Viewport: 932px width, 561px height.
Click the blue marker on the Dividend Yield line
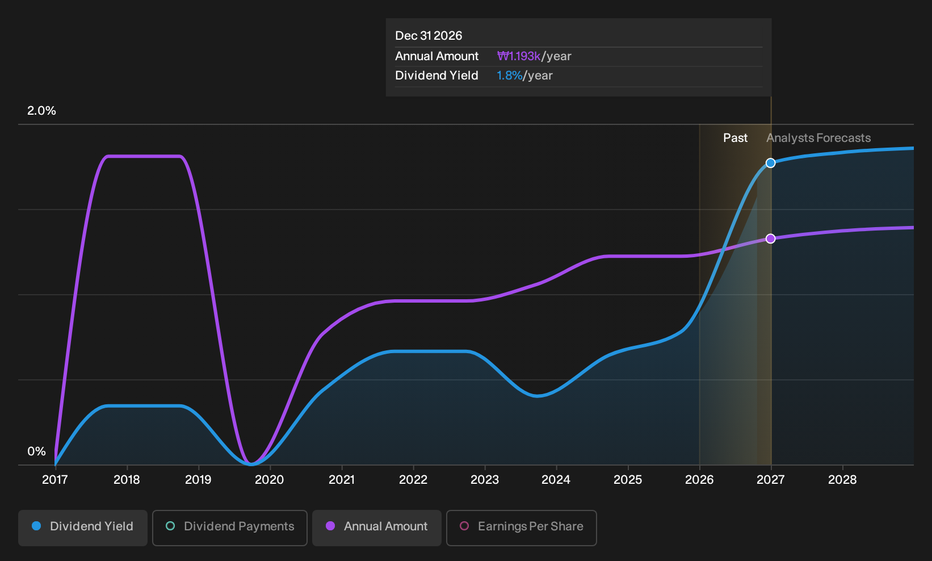[x=771, y=163]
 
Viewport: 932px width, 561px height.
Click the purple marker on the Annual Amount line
[x=771, y=238]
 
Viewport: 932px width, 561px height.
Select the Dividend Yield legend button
[x=83, y=527]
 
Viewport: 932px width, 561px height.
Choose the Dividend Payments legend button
[x=230, y=527]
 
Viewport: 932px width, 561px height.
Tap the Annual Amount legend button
[x=376, y=527]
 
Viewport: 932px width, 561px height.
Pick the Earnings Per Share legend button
[x=521, y=527]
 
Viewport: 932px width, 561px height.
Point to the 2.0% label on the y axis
[x=41, y=111]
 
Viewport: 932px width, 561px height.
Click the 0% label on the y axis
[x=37, y=451]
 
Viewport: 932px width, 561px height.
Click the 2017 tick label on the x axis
[x=55, y=480]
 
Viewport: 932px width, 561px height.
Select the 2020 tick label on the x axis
[x=270, y=480]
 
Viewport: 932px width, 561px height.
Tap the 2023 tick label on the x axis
[x=485, y=480]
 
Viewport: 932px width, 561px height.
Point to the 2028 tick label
[x=842, y=480]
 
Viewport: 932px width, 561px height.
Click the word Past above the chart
[x=735, y=138]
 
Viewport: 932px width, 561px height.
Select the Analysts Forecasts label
[x=818, y=138]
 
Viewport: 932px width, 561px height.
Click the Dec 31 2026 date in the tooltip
[x=429, y=36]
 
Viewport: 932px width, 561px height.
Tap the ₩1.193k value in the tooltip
[x=519, y=56]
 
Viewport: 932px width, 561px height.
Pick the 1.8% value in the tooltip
[x=510, y=76]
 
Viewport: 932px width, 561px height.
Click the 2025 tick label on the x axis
[x=628, y=480]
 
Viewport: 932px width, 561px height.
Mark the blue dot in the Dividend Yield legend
[x=37, y=526]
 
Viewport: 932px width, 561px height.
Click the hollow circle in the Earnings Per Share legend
[x=464, y=526]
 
